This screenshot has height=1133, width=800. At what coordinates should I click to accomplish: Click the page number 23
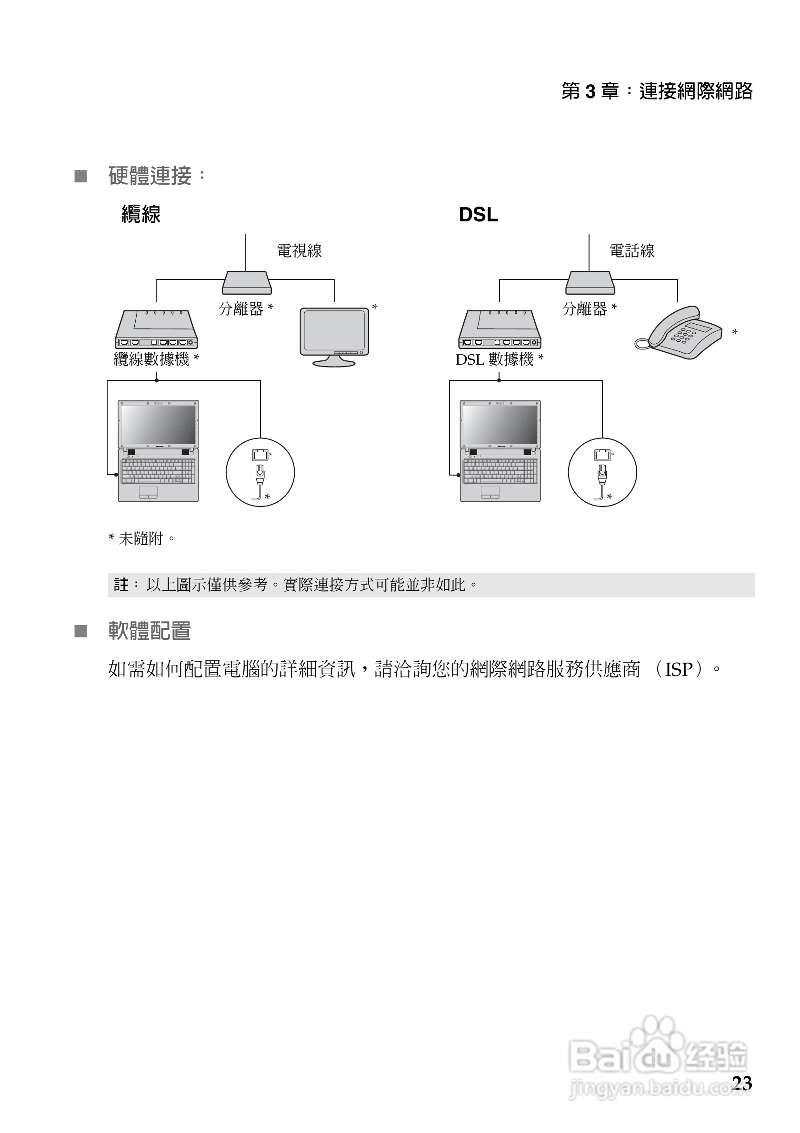742,1083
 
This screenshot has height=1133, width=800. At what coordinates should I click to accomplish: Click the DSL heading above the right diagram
478,215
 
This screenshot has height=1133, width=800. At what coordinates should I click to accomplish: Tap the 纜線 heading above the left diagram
141,215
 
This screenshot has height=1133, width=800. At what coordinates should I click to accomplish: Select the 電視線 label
299,251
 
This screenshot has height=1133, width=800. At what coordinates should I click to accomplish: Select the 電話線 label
632,251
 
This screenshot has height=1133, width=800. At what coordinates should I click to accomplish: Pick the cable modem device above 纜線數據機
157,329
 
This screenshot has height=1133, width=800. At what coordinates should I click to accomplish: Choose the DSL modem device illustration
500,329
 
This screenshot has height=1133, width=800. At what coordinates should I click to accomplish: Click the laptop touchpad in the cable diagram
148,491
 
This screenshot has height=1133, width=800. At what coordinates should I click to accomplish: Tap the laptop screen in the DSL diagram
500,424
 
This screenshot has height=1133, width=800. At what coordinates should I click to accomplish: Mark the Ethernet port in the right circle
602,455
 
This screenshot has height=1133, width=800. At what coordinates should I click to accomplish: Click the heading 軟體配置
150,631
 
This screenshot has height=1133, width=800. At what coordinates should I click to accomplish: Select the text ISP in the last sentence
679,670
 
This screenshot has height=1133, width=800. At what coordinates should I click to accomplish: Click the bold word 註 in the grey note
120,585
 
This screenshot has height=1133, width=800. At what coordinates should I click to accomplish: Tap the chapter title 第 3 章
590,91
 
